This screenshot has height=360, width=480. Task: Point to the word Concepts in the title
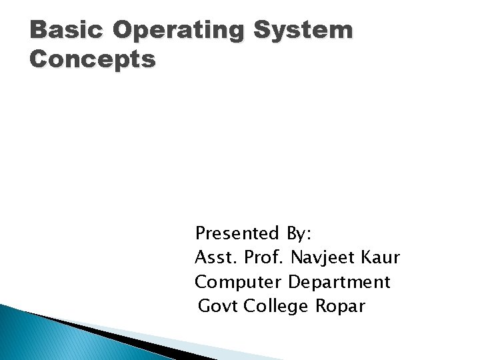click(93, 59)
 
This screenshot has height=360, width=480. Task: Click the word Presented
click(237, 233)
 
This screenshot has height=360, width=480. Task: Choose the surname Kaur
click(383, 257)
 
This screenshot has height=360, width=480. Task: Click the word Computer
click(239, 283)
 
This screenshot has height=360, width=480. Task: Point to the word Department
click(339, 283)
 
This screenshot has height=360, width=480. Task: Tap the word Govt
click(219, 307)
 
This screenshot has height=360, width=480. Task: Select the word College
click(275, 307)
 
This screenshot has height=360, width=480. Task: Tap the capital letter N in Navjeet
click(297, 257)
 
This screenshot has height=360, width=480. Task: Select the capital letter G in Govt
click(205, 307)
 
